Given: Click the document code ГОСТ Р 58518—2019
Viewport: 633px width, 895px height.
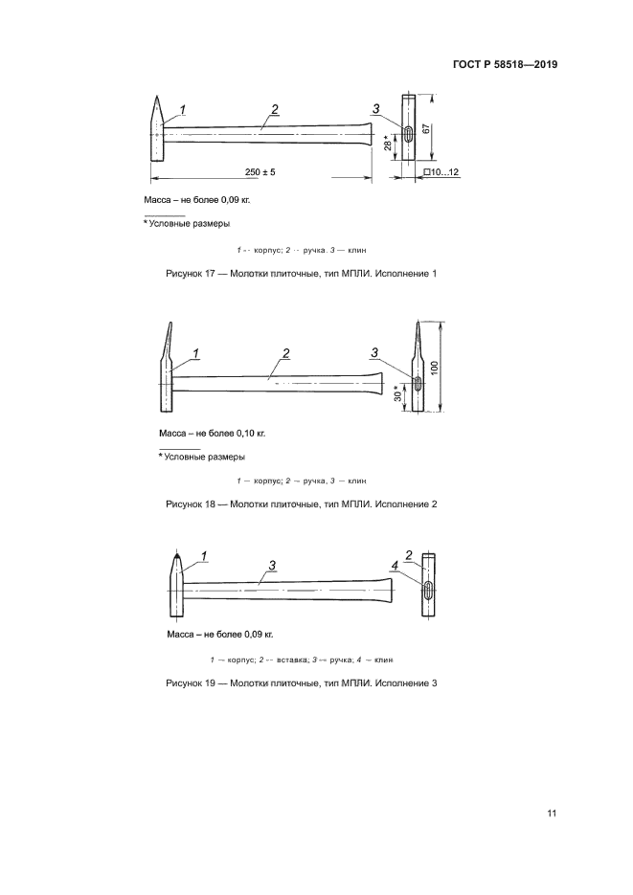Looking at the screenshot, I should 505,65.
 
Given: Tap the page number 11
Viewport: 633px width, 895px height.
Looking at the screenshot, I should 552,814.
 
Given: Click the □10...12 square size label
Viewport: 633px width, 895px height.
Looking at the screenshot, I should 441,171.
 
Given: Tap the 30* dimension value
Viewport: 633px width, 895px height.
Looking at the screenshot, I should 396,392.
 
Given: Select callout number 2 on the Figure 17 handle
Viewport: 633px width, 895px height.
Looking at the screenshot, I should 274,110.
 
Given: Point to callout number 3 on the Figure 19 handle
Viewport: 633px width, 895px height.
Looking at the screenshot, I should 273,567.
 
